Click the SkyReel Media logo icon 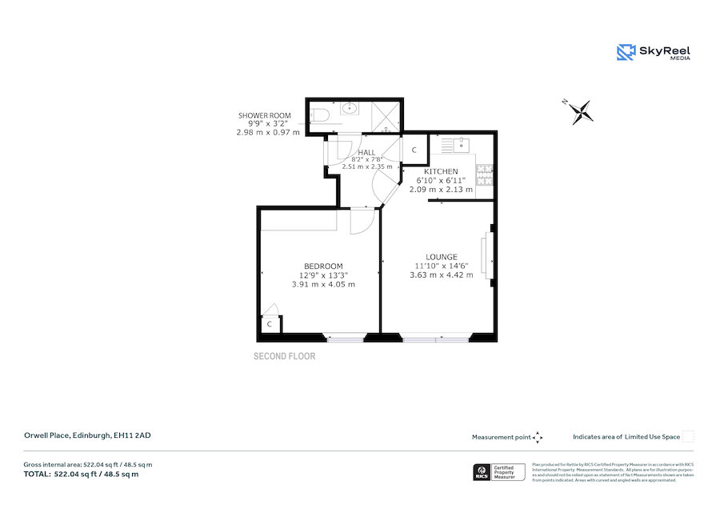[x=626, y=53]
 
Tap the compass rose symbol [x=582, y=112]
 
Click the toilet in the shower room [x=318, y=114]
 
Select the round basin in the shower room [x=350, y=108]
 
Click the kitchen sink [x=461, y=145]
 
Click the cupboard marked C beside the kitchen [x=414, y=150]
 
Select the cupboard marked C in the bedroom [x=270, y=324]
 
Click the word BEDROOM [x=323, y=267]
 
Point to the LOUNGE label [x=441, y=257]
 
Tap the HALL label [x=366, y=153]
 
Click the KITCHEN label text [x=441, y=172]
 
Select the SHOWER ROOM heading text [x=263, y=116]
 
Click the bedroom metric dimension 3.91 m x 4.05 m [x=323, y=284]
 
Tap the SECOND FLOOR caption [x=284, y=356]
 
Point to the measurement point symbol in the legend [x=538, y=437]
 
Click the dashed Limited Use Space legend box [x=688, y=436]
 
